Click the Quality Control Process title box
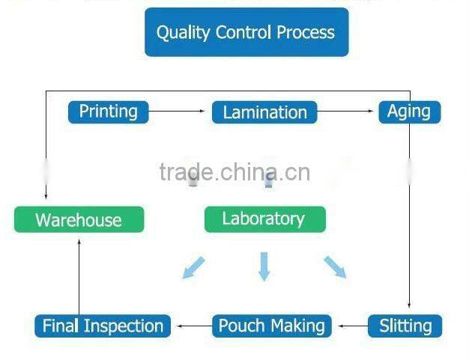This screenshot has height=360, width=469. pyautogui.click(x=246, y=32)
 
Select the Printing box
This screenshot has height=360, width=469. pyautogui.click(x=109, y=112)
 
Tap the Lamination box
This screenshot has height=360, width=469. pyautogui.click(x=264, y=112)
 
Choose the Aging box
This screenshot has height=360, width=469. pyautogui.click(x=409, y=112)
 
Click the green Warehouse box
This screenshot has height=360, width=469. pyautogui.click(x=79, y=220)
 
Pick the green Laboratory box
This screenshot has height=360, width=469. pyautogui.click(x=264, y=219)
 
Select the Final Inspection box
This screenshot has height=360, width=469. pyautogui.click(x=103, y=326)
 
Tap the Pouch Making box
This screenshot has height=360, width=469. pyautogui.click(x=271, y=326)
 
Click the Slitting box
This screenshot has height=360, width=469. pyautogui.click(x=405, y=326)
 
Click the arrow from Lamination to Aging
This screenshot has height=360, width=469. pyautogui.click(x=346, y=112)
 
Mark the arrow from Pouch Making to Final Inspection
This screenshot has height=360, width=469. pyautogui.click(x=192, y=326)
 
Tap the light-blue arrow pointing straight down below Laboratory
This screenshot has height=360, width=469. pyautogui.click(x=264, y=267)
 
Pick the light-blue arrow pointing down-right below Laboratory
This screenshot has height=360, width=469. pyautogui.click(x=335, y=267)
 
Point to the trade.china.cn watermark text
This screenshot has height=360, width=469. pyautogui.click(x=234, y=172)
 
